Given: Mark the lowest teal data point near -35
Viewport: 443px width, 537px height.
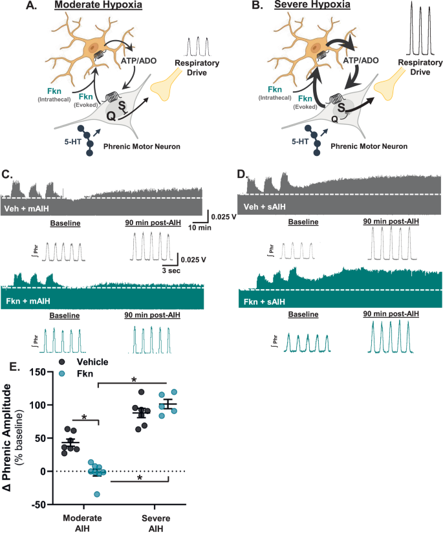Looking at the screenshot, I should coord(96,494).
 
